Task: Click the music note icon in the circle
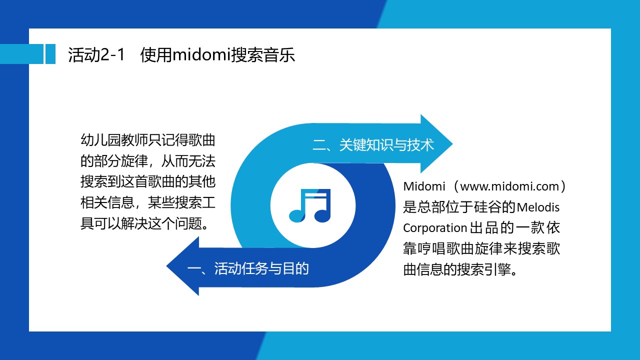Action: (x=310, y=205)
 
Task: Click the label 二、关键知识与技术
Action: (x=373, y=145)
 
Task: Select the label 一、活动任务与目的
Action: (x=248, y=268)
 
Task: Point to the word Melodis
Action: (x=538, y=207)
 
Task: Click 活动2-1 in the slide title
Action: (x=96, y=54)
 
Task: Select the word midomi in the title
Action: (x=201, y=54)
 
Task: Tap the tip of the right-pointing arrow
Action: (x=452, y=143)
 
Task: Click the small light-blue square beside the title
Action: (x=50, y=54)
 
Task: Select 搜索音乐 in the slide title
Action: (x=263, y=54)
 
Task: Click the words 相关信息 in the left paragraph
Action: (x=107, y=202)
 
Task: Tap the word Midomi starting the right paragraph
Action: (x=424, y=186)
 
